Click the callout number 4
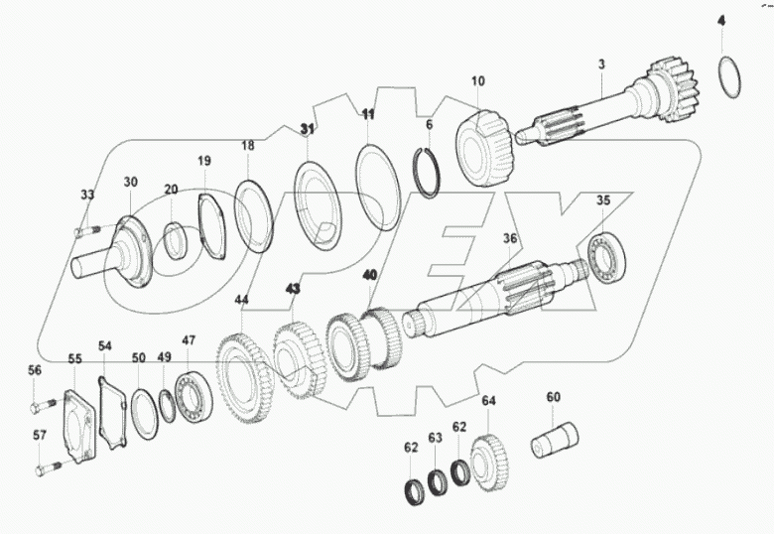(721, 20)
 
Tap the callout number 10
(477, 80)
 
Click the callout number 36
(510, 238)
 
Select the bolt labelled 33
(86, 232)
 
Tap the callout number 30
(131, 182)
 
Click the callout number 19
(203, 161)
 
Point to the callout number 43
(293, 289)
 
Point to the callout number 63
(435, 437)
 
